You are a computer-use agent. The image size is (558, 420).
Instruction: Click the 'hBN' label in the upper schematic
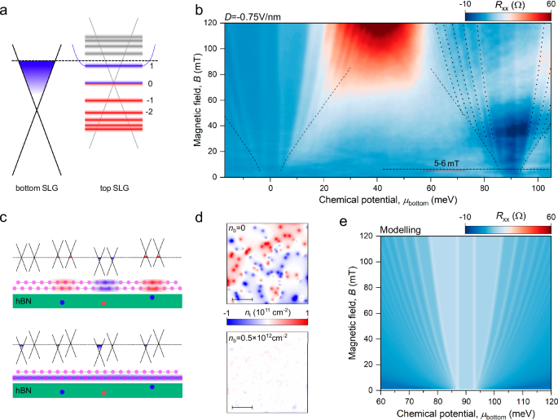pyautogui.click(x=23, y=301)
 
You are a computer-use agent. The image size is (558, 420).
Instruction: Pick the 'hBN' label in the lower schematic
pyautogui.click(x=23, y=391)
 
